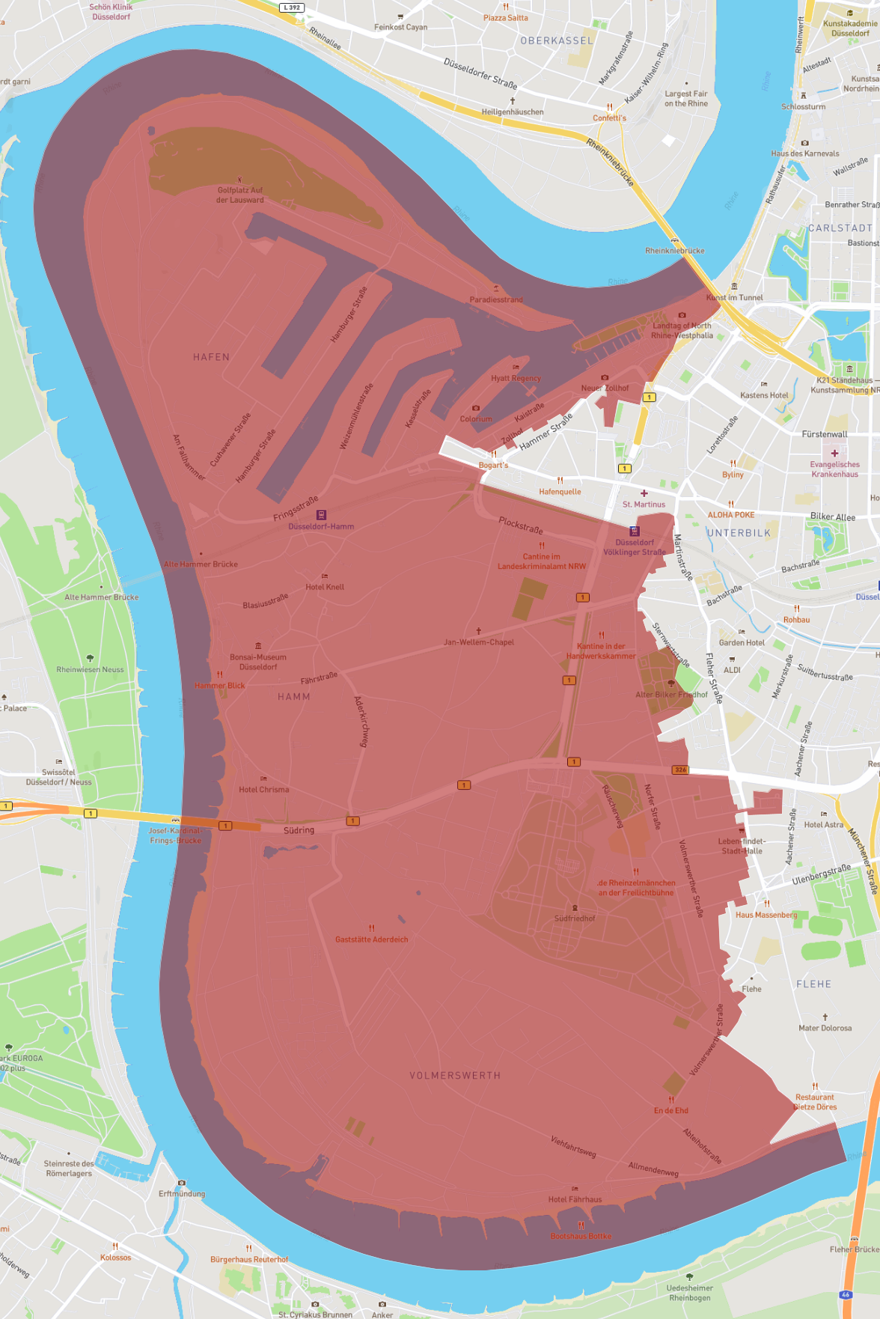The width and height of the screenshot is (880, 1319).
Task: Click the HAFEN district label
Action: [x=211, y=357]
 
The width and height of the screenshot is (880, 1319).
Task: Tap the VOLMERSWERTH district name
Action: [x=455, y=1076]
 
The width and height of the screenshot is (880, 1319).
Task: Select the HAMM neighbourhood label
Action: [x=294, y=697]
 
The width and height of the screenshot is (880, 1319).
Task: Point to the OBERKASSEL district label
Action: [x=557, y=41]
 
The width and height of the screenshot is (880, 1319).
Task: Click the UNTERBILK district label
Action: [x=739, y=533]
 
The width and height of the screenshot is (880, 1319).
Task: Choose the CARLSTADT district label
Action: [x=840, y=228]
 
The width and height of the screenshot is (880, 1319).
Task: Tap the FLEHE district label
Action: [x=813, y=984]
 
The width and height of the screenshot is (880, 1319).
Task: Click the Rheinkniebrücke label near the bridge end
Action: [x=674, y=251]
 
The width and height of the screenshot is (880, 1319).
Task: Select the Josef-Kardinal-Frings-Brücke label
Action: [x=175, y=835]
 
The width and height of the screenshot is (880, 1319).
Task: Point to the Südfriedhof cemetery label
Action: [x=575, y=919]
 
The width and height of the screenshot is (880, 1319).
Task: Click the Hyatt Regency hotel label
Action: [x=516, y=378]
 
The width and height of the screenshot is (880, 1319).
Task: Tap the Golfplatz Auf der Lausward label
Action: [x=240, y=195]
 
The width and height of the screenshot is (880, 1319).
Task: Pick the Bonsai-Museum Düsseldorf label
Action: [x=258, y=662]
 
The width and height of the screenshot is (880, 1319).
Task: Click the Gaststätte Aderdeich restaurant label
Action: [x=372, y=939]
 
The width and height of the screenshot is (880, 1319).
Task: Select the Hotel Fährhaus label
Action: [x=575, y=1199]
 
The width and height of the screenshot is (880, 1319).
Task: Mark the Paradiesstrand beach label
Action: [x=496, y=299]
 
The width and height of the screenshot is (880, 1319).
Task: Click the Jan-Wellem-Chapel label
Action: [x=479, y=642]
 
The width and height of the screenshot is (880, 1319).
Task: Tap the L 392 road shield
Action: [x=292, y=7]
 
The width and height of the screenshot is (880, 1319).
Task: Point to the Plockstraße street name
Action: [x=521, y=525]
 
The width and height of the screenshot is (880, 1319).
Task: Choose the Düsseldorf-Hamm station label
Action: [x=321, y=526]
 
